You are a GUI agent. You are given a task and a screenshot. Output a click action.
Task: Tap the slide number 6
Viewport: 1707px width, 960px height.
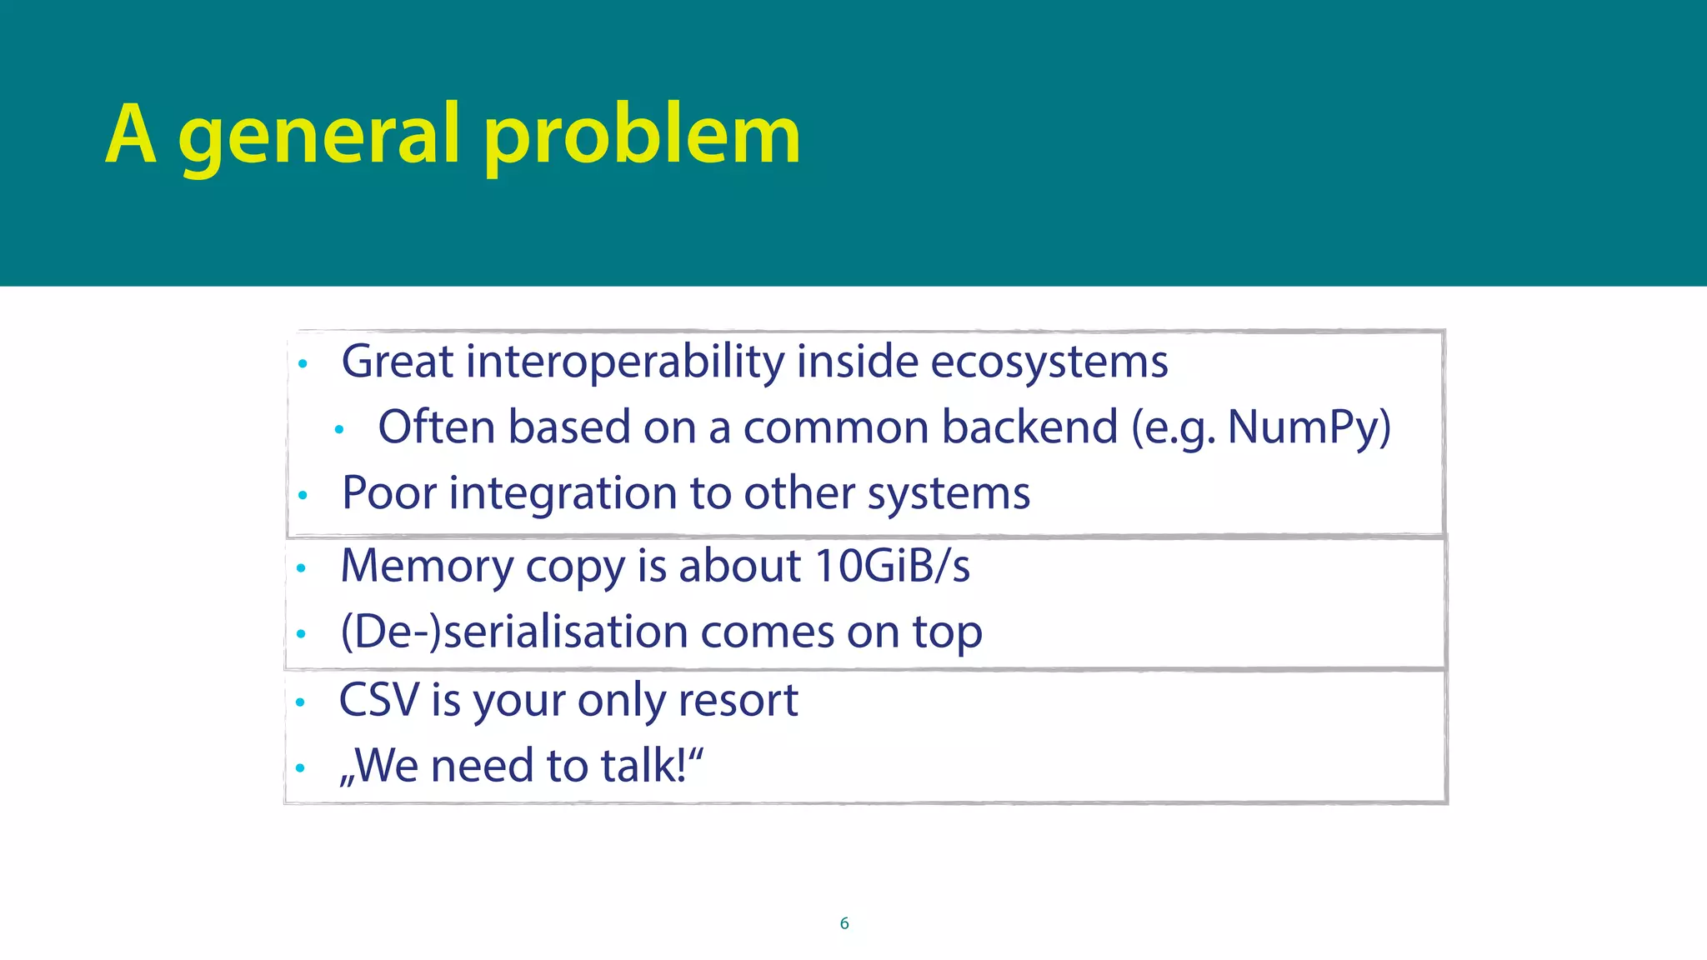click(x=844, y=923)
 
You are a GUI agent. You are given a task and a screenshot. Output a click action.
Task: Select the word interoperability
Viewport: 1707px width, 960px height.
click(x=625, y=362)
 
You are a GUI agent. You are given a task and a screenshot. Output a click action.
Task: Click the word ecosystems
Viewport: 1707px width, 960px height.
click(x=1049, y=362)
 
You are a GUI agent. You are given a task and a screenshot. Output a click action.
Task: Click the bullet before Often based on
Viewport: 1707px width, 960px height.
click(x=338, y=430)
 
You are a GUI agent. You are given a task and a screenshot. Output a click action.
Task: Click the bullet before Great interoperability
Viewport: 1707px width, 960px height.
click(x=303, y=364)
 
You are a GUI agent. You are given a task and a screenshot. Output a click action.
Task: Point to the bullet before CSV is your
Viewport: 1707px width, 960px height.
click(x=300, y=702)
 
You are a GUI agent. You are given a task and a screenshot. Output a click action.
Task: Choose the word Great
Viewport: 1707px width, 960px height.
click(x=397, y=362)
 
